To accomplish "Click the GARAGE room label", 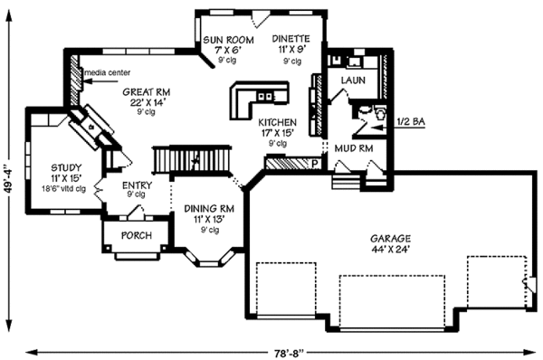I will click(x=388, y=239).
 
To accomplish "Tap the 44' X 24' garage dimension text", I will click(x=389, y=251).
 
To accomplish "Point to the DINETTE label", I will click(x=291, y=40).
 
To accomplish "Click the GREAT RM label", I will click(x=146, y=91).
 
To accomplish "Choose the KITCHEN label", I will click(x=278, y=121).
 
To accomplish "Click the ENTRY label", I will click(x=137, y=185).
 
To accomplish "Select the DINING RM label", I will click(x=209, y=208).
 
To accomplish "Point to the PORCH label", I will click(x=136, y=236).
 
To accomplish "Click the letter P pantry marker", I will click(x=314, y=165).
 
